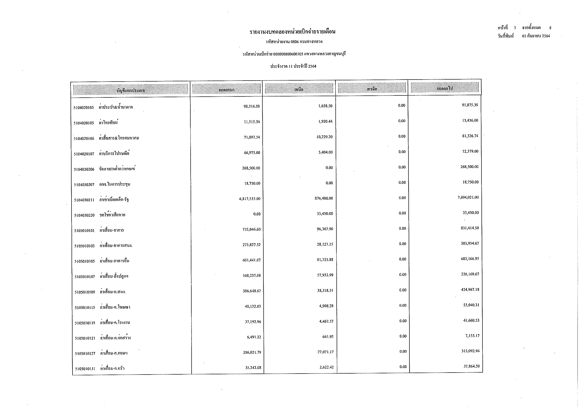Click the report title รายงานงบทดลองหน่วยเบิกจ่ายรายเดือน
pyautogui.click(x=292, y=32)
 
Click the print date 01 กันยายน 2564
pyautogui.click(x=536, y=36)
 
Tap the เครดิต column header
pyautogui.click(x=372, y=89)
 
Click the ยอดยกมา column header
pyautogui.click(x=226, y=90)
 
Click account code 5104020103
pyautogui.click(x=83, y=108)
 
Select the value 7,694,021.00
pyautogui.click(x=468, y=197)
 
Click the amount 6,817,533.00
pyautogui.click(x=250, y=199)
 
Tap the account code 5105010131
pyautogui.click(x=85, y=369)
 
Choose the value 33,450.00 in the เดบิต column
pyautogui.click(x=325, y=214)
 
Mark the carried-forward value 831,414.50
pyautogui.click(x=470, y=228)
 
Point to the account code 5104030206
pyautogui.click(x=84, y=169)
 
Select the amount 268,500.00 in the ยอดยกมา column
pyautogui.click(x=251, y=168)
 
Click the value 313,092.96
pyautogui.click(x=471, y=351)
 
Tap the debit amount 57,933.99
pyautogui.click(x=325, y=275)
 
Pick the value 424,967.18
pyautogui.click(x=470, y=290)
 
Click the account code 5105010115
pyautogui.click(x=85, y=307)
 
